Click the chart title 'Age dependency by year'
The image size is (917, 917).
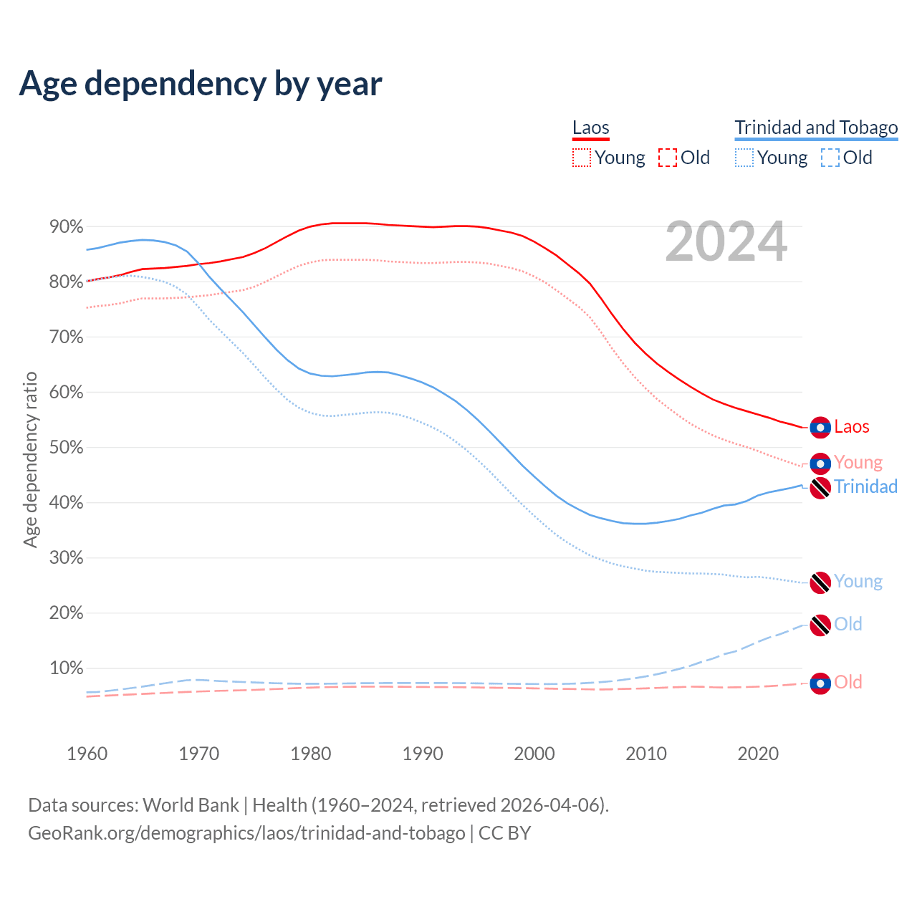(x=201, y=84)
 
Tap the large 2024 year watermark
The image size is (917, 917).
(x=726, y=242)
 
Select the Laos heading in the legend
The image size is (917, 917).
(x=590, y=128)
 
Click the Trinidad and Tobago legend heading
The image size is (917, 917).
(x=816, y=128)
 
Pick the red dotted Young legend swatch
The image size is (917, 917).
(x=582, y=158)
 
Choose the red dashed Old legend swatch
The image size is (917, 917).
(x=667, y=158)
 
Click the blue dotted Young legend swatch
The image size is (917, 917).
(x=744, y=158)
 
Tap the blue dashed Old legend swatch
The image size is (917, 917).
(x=830, y=158)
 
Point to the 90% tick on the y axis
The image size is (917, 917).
(x=67, y=227)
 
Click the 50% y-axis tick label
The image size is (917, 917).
(x=67, y=448)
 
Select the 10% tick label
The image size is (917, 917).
(x=67, y=668)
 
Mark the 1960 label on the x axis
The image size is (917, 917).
(x=87, y=754)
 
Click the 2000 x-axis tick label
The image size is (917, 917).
(x=534, y=754)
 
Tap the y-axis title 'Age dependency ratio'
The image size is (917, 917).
(x=30, y=459)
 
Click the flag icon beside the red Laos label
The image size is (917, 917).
(x=820, y=428)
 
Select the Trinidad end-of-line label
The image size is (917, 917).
(x=865, y=487)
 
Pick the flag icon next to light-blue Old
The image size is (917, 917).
(x=820, y=625)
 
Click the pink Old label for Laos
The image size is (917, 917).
(x=848, y=682)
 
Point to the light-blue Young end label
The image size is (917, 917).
(x=858, y=582)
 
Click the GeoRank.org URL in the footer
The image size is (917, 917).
(x=246, y=833)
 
